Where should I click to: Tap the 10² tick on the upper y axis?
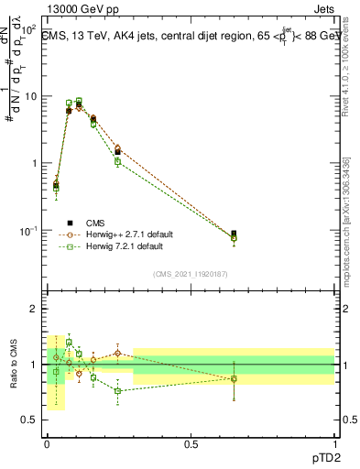[x=30, y=29]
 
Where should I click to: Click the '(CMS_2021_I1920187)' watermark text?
[x=191, y=273]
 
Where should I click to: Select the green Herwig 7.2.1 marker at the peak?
[x=79, y=101]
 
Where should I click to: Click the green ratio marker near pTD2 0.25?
[x=118, y=390]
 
